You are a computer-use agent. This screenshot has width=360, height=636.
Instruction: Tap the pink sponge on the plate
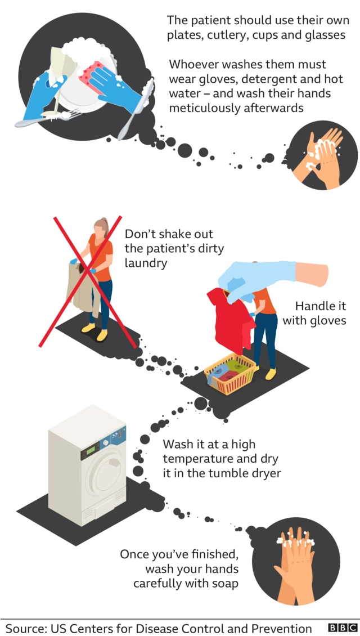tap(93, 77)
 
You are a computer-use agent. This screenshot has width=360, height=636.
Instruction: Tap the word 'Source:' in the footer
tap(24, 628)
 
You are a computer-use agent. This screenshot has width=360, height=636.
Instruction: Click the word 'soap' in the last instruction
tap(224, 583)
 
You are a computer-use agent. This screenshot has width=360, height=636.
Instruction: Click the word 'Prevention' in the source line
tap(283, 628)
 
